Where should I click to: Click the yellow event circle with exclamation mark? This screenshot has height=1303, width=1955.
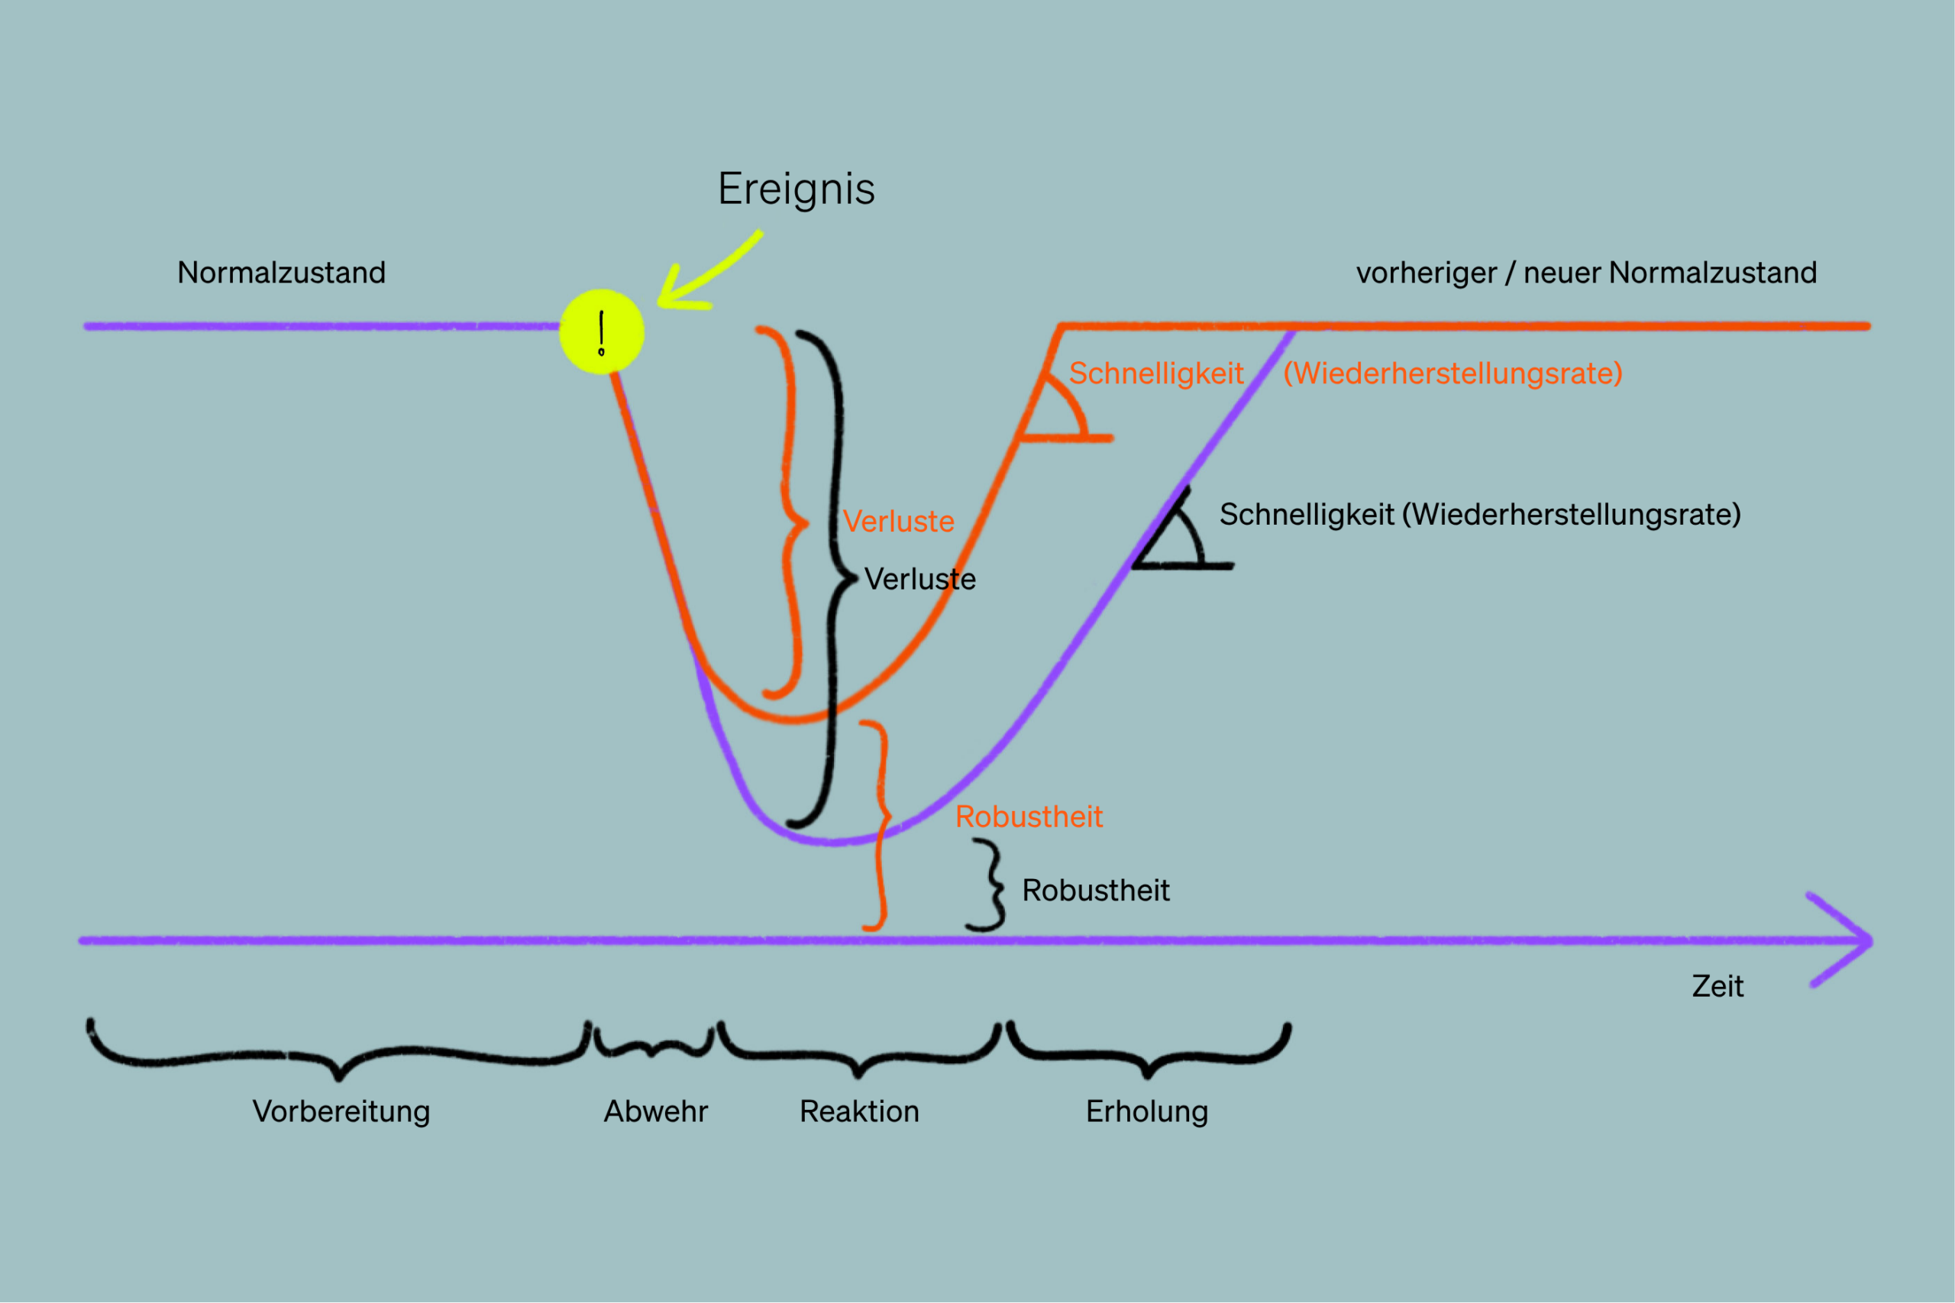[602, 331]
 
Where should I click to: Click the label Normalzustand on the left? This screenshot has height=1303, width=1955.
[282, 273]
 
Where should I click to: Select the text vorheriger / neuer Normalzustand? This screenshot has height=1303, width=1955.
[1586, 273]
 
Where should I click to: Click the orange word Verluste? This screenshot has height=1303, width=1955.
[898, 521]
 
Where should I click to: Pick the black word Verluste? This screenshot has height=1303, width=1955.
[919, 578]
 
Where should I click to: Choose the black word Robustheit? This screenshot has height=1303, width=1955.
[1096, 890]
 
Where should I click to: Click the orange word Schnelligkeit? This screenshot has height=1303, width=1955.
[1155, 373]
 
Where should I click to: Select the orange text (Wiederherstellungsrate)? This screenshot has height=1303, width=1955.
[1453, 373]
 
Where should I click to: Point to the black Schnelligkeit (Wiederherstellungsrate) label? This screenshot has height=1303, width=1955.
[1480, 514]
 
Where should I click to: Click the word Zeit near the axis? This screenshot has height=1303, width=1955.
[1717, 985]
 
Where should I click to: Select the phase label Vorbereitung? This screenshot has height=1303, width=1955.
[341, 1112]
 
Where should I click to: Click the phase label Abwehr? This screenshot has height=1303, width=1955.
[655, 1111]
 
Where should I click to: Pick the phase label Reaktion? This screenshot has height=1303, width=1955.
[859, 1111]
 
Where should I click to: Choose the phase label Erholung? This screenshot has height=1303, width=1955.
[1146, 1112]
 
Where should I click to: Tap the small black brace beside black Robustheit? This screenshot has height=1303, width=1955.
[990, 885]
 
